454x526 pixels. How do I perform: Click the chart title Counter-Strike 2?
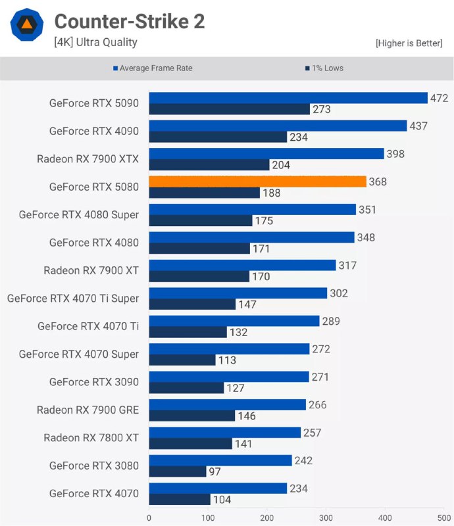(129, 22)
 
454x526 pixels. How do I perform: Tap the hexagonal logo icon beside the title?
(27, 26)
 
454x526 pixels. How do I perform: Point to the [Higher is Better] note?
(409, 43)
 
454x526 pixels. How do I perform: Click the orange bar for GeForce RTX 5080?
(257, 181)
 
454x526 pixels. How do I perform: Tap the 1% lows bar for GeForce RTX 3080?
(178, 471)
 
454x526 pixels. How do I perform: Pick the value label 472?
(439, 98)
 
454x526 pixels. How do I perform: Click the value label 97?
(215, 471)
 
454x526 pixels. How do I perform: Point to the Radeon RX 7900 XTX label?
(88, 158)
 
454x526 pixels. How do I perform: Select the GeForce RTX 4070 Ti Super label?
(73, 298)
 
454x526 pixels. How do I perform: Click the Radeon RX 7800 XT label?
(91, 437)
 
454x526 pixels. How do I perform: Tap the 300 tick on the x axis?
(326, 517)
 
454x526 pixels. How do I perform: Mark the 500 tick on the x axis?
(444, 517)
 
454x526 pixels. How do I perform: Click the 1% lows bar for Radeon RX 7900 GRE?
(192, 416)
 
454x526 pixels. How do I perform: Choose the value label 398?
(395, 154)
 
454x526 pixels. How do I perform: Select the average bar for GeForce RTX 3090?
(229, 377)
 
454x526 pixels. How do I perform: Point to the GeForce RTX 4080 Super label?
(79, 214)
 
